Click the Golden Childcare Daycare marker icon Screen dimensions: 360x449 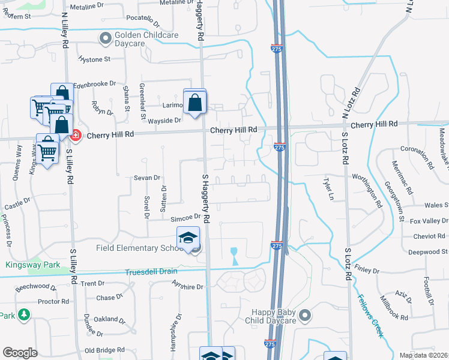[106, 38]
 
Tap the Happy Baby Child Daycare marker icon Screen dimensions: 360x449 [305, 315]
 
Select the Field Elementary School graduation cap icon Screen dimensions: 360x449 [188, 238]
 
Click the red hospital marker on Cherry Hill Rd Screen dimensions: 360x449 [76, 135]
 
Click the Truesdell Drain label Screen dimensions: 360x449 [151, 272]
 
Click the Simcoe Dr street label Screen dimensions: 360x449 [184, 218]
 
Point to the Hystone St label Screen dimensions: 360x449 [95, 59]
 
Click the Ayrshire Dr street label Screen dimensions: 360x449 [187, 287]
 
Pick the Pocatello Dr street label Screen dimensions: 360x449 [143, 22]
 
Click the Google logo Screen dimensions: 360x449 [20, 353]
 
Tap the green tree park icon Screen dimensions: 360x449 [23, 314]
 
